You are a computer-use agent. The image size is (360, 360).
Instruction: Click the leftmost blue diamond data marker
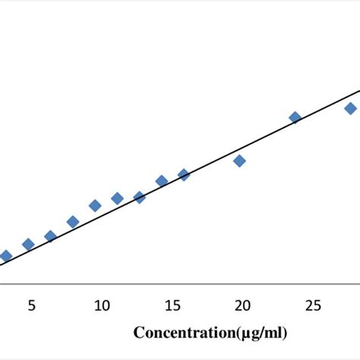click(x=6, y=256)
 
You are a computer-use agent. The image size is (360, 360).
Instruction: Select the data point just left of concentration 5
click(x=28, y=244)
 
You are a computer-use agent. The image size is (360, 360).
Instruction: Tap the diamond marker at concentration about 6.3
click(x=50, y=236)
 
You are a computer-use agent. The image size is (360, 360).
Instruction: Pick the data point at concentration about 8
click(x=73, y=222)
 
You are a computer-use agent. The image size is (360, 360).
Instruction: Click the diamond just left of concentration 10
click(x=95, y=205)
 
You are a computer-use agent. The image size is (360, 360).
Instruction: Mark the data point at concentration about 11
click(x=117, y=198)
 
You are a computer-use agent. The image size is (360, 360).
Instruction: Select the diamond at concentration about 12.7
click(x=139, y=197)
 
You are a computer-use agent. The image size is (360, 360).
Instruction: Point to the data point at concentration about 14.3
click(x=162, y=181)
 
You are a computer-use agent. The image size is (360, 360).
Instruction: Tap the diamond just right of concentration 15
click(x=184, y=175)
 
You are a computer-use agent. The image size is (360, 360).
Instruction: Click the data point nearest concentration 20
click(x=239, y=160)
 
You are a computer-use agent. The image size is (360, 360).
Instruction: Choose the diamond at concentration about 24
click(x=295, y=117)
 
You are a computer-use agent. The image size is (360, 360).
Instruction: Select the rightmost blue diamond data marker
click(x=351, y=108)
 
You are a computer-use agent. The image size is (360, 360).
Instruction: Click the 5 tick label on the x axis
click(x=31, y=305)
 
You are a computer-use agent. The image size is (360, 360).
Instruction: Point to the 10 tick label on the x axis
click(x=102, y=305)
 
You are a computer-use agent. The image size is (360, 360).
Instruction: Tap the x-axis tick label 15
click(x=172, y=305)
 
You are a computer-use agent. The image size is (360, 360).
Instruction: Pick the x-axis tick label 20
click(x=242, y=305)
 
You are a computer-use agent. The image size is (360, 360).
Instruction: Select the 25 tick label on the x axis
click(x=313, y=305)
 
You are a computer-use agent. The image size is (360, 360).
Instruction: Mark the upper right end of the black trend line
click(x=358, y=90)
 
